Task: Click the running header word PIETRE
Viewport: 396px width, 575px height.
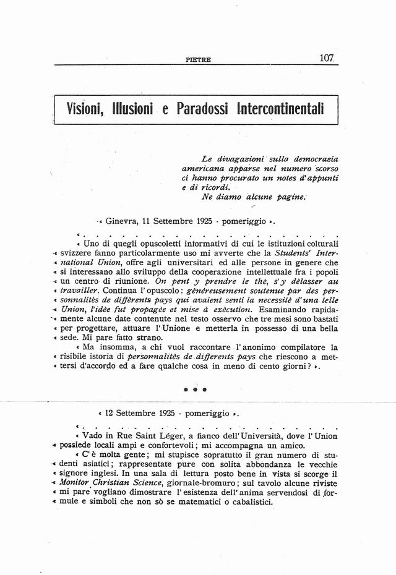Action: (199, 60)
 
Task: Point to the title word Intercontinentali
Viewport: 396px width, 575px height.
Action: (281, 112)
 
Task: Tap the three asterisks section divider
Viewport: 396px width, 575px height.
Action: (199, 390)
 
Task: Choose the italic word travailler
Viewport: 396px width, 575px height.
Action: (80, 290)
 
